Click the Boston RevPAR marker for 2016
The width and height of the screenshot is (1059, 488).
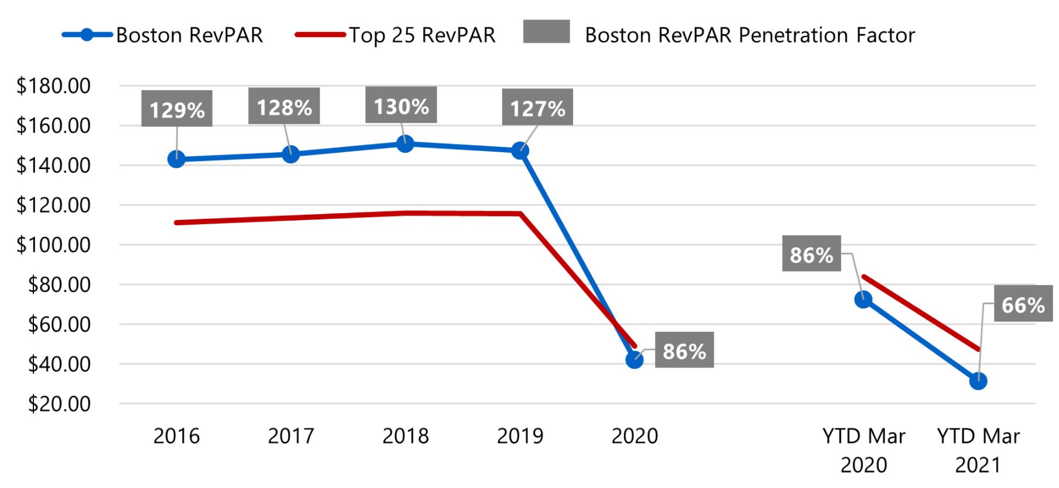(x=176, y=159)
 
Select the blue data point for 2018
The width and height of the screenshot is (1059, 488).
(x=405, y=144)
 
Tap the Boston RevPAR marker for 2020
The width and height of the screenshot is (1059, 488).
(x=634, y=360)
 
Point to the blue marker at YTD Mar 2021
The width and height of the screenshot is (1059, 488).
(x=978, y=382)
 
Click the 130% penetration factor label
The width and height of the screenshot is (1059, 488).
(x=401, y=106)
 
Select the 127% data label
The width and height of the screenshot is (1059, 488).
(x=537, y=108)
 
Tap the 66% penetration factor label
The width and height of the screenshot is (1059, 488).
(x=1023, y=304)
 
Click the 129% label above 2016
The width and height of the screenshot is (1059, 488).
(x=177, y=109)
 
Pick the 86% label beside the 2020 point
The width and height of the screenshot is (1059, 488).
(x=684, y=350)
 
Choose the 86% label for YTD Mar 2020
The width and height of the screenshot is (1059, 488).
(x=811, y=254)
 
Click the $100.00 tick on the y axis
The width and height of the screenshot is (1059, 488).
(x=54, y=245)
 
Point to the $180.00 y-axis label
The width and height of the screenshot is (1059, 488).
(x=54, y=86)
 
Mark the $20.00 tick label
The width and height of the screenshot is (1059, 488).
(x=59, y=404)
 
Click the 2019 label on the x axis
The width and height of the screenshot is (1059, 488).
(x=520, y=436)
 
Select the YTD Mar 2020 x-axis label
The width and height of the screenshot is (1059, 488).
(x=863, y=450)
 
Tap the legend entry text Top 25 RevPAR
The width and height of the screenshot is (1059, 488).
(x=422, y=35)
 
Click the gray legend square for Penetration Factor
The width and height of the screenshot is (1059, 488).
(x=546, y=32)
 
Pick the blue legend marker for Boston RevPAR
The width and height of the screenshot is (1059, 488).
(x=87, y=35)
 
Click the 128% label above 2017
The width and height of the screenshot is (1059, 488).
(x=284, y=106)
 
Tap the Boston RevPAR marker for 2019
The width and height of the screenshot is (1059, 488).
(x=520, y=151)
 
